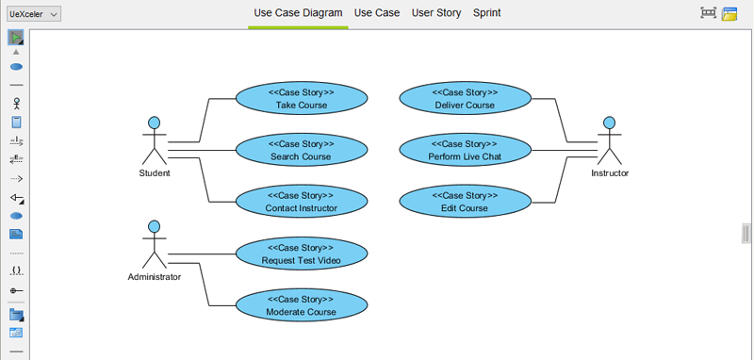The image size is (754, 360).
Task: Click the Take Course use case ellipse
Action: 301,99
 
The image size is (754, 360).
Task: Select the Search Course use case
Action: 301,150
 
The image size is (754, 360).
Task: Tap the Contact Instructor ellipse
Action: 301,202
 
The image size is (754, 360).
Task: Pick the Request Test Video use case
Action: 301,254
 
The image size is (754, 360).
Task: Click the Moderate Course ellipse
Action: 301,305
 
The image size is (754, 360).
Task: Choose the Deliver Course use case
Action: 465,99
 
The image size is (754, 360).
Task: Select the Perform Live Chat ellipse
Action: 465,150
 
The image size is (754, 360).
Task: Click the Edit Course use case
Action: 465,202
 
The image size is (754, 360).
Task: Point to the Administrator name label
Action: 154,277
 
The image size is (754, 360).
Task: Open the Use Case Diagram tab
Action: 298,13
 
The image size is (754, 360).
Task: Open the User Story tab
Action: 436,13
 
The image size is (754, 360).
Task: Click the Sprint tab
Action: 486,13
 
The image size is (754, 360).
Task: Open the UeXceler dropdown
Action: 34,13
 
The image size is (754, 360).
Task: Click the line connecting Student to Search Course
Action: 203,150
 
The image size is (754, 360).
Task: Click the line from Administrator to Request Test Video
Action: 203,254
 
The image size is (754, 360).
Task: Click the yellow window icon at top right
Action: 729,13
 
